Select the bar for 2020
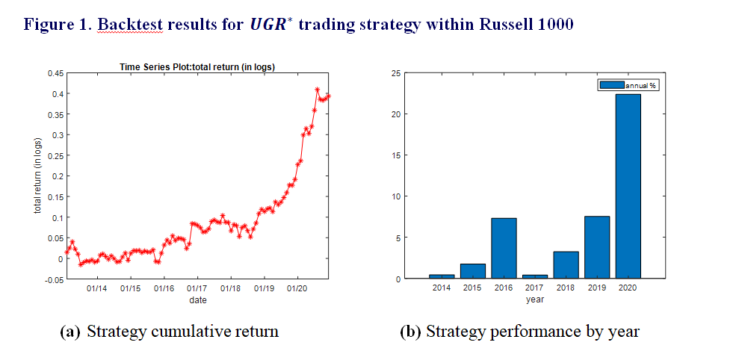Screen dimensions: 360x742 point(627,186)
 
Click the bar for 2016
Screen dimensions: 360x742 point(504,248)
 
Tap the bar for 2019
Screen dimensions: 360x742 point(596,247)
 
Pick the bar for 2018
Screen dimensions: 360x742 point(566,264)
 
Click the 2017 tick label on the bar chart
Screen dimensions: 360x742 point(534,288)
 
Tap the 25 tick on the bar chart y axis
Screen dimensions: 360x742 point(396,73)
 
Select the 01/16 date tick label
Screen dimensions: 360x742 point(164,288)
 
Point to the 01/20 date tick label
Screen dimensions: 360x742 point(297,288)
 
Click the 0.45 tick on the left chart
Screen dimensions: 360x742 point(55,73)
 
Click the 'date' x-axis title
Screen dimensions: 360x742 point(197,300)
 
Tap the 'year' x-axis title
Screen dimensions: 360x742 point(534,300)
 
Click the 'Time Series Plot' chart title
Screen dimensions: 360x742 point(197,67)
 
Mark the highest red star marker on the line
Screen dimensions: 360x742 point(317,90)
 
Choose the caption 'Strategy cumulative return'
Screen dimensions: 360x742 point(182,332)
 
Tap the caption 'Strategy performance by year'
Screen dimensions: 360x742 point(532,332)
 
